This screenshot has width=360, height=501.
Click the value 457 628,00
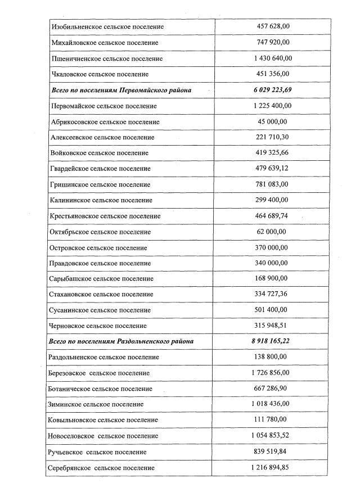273,26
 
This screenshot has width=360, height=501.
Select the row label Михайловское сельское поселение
105,42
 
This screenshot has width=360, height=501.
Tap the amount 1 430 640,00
273,58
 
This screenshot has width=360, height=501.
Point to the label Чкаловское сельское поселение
100,74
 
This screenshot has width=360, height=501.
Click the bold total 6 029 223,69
273,89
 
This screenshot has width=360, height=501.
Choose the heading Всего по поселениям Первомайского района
121,90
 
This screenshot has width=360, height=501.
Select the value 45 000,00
273,121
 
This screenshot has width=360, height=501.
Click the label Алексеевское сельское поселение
102,137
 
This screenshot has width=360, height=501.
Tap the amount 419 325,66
273,152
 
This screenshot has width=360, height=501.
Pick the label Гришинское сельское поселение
101,184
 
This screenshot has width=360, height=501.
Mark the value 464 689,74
273,215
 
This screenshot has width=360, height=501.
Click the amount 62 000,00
273,231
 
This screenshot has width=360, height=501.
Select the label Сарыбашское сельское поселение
102,278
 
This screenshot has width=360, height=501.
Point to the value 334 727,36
273,294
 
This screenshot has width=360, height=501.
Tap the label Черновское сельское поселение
99,326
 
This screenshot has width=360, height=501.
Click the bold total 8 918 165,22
273,341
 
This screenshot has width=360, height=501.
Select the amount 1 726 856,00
273,372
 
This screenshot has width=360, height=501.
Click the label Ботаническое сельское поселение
102,389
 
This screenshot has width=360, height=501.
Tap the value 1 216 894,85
273,467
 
